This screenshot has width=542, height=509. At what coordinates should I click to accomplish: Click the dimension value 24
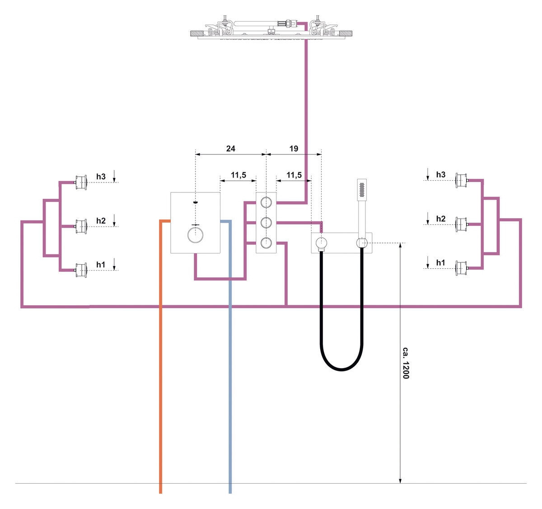click(x=230, y=148)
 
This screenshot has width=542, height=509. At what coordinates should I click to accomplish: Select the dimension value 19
click(x=294, y=148)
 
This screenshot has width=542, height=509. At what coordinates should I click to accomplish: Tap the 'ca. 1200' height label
click(x=406, y=363)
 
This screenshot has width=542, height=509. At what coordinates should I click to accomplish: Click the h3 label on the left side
click(x=101, y=177)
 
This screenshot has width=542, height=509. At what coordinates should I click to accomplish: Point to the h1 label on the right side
click(x=440, y=262)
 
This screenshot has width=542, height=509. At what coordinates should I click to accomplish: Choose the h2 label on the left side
click(x=101, y=220)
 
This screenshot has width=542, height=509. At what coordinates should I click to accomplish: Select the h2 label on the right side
click(x=440, y=219)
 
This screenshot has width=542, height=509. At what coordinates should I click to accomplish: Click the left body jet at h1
click(x=81, y=270)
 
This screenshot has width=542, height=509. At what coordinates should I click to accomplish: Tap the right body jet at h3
click(x=461, y=181)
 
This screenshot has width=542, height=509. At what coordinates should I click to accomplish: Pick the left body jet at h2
click(x=81, y=226)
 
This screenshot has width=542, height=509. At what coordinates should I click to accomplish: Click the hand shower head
click(x=362, y=190)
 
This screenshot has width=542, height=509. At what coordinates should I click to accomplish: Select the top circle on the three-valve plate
click(x=266, y=201)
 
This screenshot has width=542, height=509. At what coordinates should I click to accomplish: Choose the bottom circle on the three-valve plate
click(x=266, y=242)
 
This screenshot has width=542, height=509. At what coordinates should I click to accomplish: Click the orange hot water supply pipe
click(x=160, y=361)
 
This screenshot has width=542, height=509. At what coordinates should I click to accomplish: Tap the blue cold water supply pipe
click(x=230, y=361)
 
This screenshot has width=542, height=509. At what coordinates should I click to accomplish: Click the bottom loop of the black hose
click(x=341, y=369)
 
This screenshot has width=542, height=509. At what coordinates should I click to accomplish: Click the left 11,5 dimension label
click(x=238, y=175)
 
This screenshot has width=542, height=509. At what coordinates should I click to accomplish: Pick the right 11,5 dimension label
click(x=294, y=175)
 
